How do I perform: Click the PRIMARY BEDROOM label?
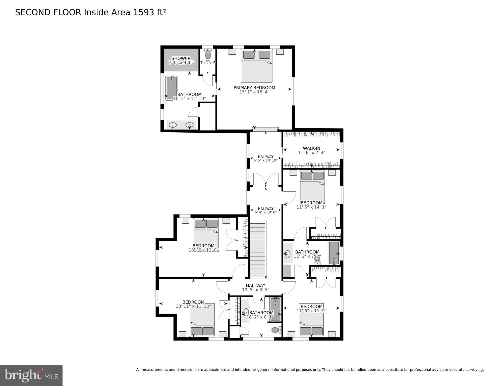point(254,88)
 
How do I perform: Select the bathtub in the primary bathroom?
point(172,88)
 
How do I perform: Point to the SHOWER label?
point(181,58)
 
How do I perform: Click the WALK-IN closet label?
point(311,148)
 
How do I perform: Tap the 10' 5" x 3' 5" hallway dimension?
point(255,290)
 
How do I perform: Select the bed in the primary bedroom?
point(256,66)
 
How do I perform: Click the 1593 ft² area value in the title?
point(149,12)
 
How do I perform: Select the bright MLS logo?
point(31,375)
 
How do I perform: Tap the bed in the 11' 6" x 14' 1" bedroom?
point(312,186)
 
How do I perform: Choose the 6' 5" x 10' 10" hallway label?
point(265,158)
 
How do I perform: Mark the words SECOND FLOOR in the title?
point(48,12)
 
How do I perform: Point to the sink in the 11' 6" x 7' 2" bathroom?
point(288,254)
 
